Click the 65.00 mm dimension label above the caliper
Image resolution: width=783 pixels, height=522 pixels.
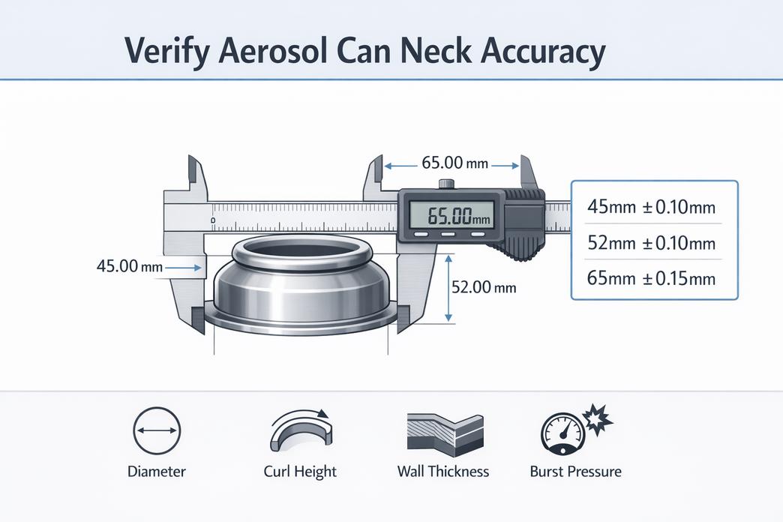pyautogui.click(x=454, y=163)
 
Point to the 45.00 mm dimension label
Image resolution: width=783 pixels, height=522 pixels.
pyautogui.click(x=130, y=265)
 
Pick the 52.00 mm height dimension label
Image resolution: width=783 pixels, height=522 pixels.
pyautogui.click(x=484, y=287)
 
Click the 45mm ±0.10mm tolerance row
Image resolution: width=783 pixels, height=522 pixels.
pyautogui.click(x=651, y=206)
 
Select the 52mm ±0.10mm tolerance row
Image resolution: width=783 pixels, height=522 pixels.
pyautogui.click(x=651, y=243)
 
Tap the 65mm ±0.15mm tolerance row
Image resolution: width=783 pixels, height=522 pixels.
pyautogui.click(x=651, y=277)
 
